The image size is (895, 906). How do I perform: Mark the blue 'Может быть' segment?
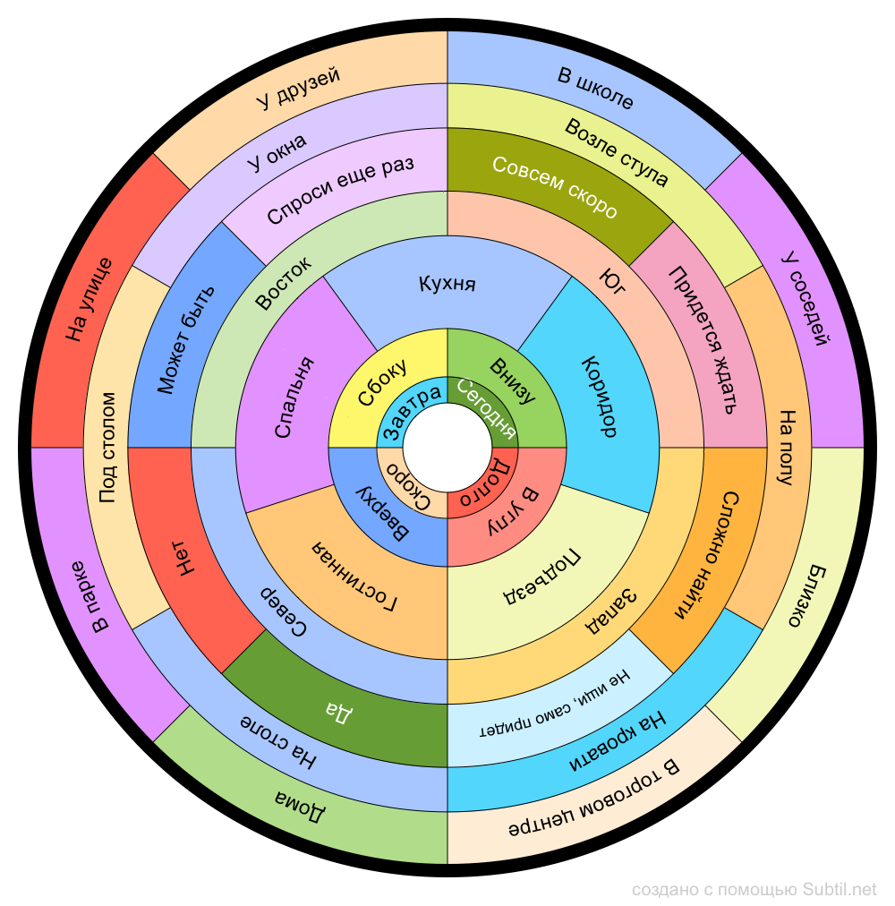(186, 340)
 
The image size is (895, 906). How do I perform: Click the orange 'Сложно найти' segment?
(707, 555)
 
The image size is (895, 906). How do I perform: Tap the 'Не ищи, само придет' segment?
(555, 716)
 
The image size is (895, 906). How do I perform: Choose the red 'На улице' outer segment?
(89, 300)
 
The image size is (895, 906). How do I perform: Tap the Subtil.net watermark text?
(754, 889)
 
